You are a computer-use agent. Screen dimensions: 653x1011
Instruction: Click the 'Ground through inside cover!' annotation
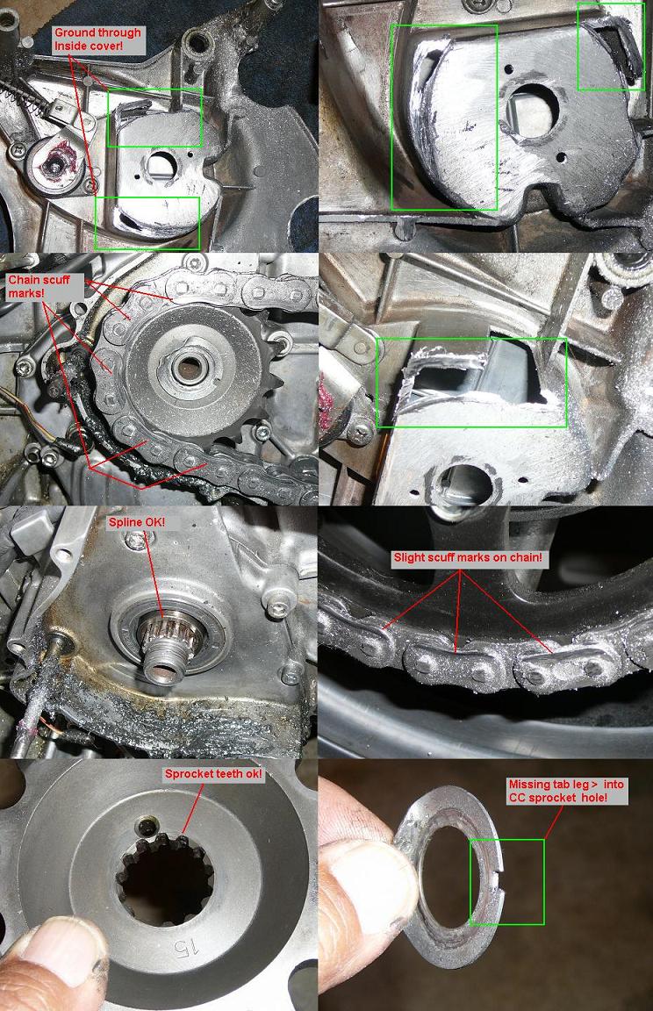click(97, 39)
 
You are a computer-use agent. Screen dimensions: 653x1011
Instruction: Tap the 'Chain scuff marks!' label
click(39, 286)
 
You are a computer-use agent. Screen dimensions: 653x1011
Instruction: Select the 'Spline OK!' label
click(136, 521)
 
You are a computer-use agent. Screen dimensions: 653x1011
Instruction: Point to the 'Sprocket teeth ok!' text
click(213, 774)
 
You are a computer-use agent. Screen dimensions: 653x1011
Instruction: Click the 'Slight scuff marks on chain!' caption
click(469, 558)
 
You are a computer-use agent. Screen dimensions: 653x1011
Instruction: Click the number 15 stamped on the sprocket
click(178, 946)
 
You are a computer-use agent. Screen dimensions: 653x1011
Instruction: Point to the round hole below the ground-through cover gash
click(463, 483)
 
